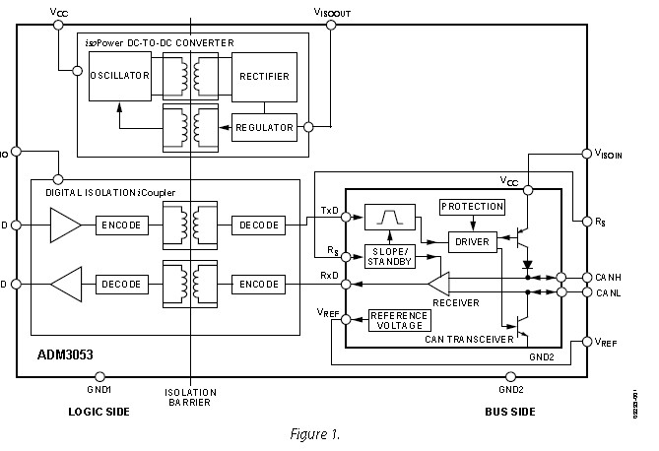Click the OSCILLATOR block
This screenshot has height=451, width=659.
click(x=120, y=75)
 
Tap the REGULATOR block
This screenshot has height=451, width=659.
click(x=265, y=127)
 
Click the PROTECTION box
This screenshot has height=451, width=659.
click(x=472, y=207)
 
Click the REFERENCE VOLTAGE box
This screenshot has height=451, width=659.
click(x=398, y=319)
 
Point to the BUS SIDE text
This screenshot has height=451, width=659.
click(x=509, y=411)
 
